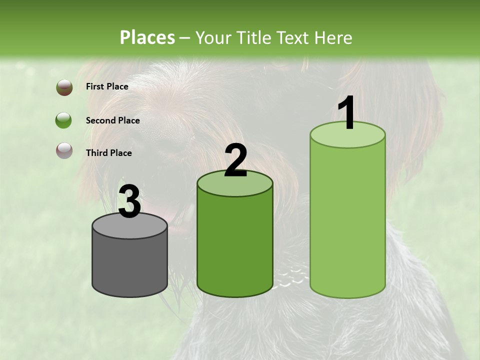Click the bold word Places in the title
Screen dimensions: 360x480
147,37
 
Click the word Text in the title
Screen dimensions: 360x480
294,37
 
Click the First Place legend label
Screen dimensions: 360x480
107,86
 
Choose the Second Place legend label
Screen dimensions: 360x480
112,120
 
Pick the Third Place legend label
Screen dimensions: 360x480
108,153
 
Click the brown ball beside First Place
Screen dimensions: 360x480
64,87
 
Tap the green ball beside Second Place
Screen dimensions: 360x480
63,120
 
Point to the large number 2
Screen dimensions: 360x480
235,160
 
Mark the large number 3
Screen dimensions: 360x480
129,201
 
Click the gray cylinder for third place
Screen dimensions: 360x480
129,262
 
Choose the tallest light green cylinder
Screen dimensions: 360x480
347,220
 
